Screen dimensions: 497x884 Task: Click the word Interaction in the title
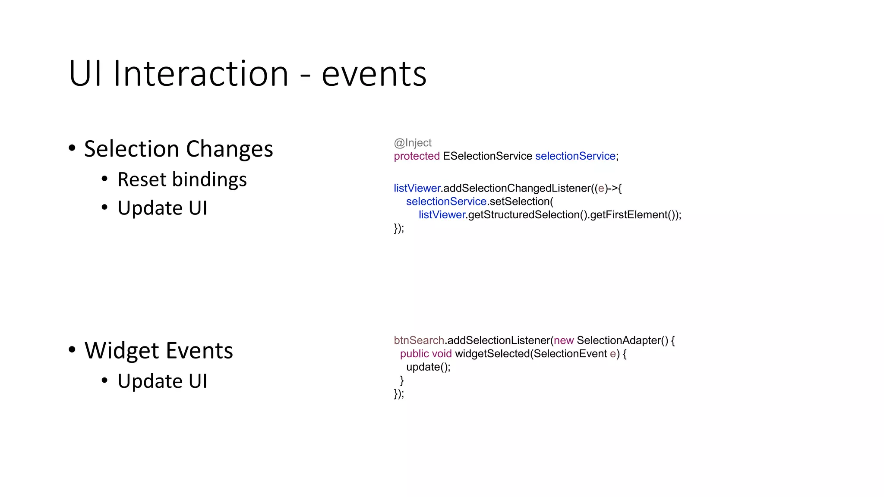tap(201, 74)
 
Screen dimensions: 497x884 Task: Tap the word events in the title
tap(374, 74)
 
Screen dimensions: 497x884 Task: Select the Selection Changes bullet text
tap(178, 149)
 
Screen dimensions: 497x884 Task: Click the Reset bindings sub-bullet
tap(182, 179)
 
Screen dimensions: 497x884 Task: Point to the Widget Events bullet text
tap(158, 350)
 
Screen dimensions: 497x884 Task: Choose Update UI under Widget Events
tap(162, 381)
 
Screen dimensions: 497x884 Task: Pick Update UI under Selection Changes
tap(162, 208)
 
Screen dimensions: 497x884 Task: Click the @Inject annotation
tap(413, 143)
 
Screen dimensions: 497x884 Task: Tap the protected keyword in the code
tap(417, 156)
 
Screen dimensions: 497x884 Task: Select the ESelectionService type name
tap(487, 156)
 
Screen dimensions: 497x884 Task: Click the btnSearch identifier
tap(419, 340)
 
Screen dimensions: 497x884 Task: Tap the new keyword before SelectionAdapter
tap(564, 340)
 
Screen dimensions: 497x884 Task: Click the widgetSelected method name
tap(493, 354)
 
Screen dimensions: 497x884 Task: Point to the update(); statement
tap(428, 367)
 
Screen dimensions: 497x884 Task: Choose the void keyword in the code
tap(442, 354)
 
